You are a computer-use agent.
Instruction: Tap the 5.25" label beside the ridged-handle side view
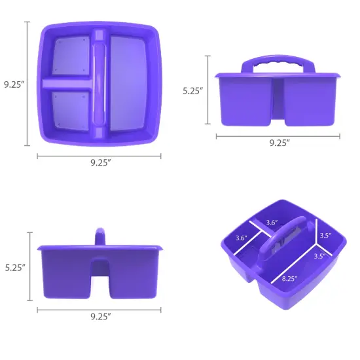(194, 92)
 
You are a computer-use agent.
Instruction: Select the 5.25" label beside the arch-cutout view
(15, 267)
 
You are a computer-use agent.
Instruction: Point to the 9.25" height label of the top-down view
(13, 84)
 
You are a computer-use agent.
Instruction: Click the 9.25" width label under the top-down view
(100, 164)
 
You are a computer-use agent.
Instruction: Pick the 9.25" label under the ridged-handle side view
(279, 144)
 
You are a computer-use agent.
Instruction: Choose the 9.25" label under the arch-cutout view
(100, 317)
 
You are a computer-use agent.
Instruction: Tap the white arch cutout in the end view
(100, 275)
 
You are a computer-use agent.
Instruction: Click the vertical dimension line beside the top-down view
(27, 84)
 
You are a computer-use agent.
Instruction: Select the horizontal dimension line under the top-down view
(99, 156)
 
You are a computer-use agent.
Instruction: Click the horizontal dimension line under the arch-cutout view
(99, 309)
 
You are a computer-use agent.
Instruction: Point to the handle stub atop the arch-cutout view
(100, 236)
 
